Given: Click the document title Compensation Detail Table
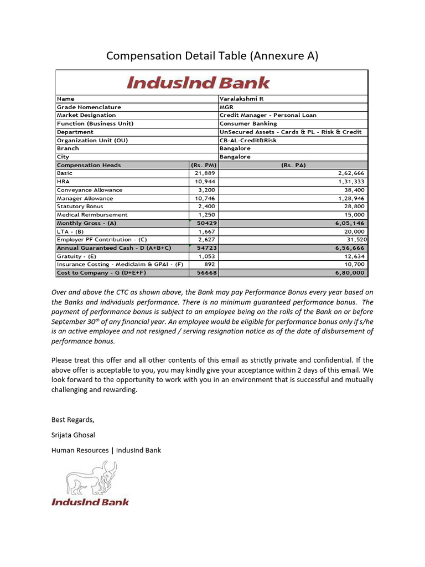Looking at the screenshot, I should tap(212, 56).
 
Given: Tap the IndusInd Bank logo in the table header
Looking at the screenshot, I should tap(198, 83).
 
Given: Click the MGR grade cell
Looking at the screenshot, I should tap(226, 107).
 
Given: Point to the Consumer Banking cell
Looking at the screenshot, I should tap(248, 124).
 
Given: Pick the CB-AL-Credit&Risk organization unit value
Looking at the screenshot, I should tap(248, 141).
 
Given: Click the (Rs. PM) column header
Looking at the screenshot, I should tap(203, 165).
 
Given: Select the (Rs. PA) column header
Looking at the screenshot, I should tap(293, 165).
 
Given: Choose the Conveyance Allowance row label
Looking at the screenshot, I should tap(90, 190).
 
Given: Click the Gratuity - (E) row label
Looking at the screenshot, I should tap(76, 256).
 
